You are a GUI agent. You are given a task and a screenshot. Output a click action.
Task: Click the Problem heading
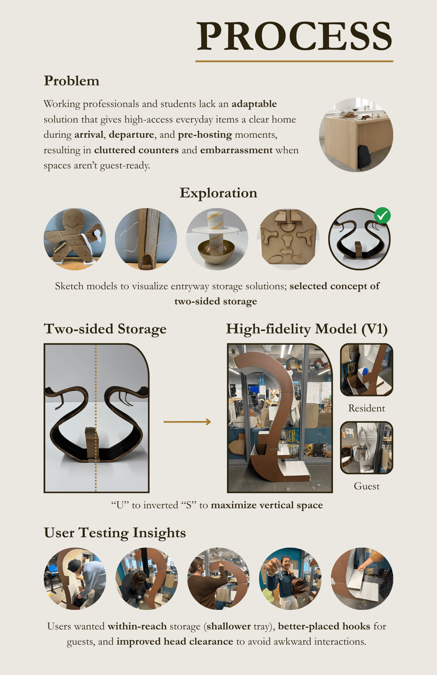72,81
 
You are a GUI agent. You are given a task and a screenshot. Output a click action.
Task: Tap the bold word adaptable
254,104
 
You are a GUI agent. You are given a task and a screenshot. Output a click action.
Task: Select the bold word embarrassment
236,150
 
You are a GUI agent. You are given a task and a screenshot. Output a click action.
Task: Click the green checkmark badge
382,215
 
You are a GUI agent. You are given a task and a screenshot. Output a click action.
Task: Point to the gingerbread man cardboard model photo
75,239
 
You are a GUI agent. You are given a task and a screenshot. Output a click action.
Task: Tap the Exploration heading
218,193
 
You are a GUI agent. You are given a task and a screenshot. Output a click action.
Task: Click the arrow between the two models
187,422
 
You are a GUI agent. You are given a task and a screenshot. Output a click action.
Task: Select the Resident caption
367,408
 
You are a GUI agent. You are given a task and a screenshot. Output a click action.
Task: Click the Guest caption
367,486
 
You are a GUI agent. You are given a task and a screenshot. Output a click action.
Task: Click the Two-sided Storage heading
105,329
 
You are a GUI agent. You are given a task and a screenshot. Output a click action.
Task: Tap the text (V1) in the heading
375,329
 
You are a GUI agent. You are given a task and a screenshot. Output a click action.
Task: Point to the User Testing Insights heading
115,533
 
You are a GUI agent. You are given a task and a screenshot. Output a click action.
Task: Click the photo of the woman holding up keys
290,578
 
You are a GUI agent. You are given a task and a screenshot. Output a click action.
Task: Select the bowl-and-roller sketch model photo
217,239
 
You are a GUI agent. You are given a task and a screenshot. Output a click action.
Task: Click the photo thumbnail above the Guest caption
367,448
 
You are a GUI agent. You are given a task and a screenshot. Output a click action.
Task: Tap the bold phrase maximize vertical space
267,505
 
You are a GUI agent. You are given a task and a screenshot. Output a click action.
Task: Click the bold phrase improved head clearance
175,641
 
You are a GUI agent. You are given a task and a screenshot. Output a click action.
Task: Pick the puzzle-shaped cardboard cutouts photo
288,239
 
